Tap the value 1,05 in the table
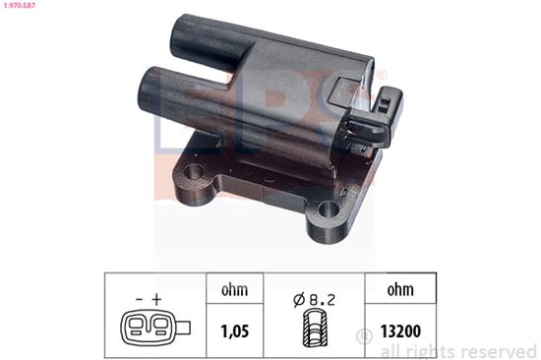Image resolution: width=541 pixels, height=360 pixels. point(235,331)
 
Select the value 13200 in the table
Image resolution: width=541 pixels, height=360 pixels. point(400,331)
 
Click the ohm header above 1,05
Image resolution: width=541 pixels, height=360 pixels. point(235,290)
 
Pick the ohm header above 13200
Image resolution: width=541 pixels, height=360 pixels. point(400,290)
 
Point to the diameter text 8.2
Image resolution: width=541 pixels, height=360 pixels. point(322,300)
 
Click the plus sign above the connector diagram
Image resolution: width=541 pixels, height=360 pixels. point(157,299)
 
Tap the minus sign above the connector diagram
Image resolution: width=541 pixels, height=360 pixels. point(139,299)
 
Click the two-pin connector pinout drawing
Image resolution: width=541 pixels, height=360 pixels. point(155,328)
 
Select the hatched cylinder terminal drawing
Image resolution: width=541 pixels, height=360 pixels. point(315,329)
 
